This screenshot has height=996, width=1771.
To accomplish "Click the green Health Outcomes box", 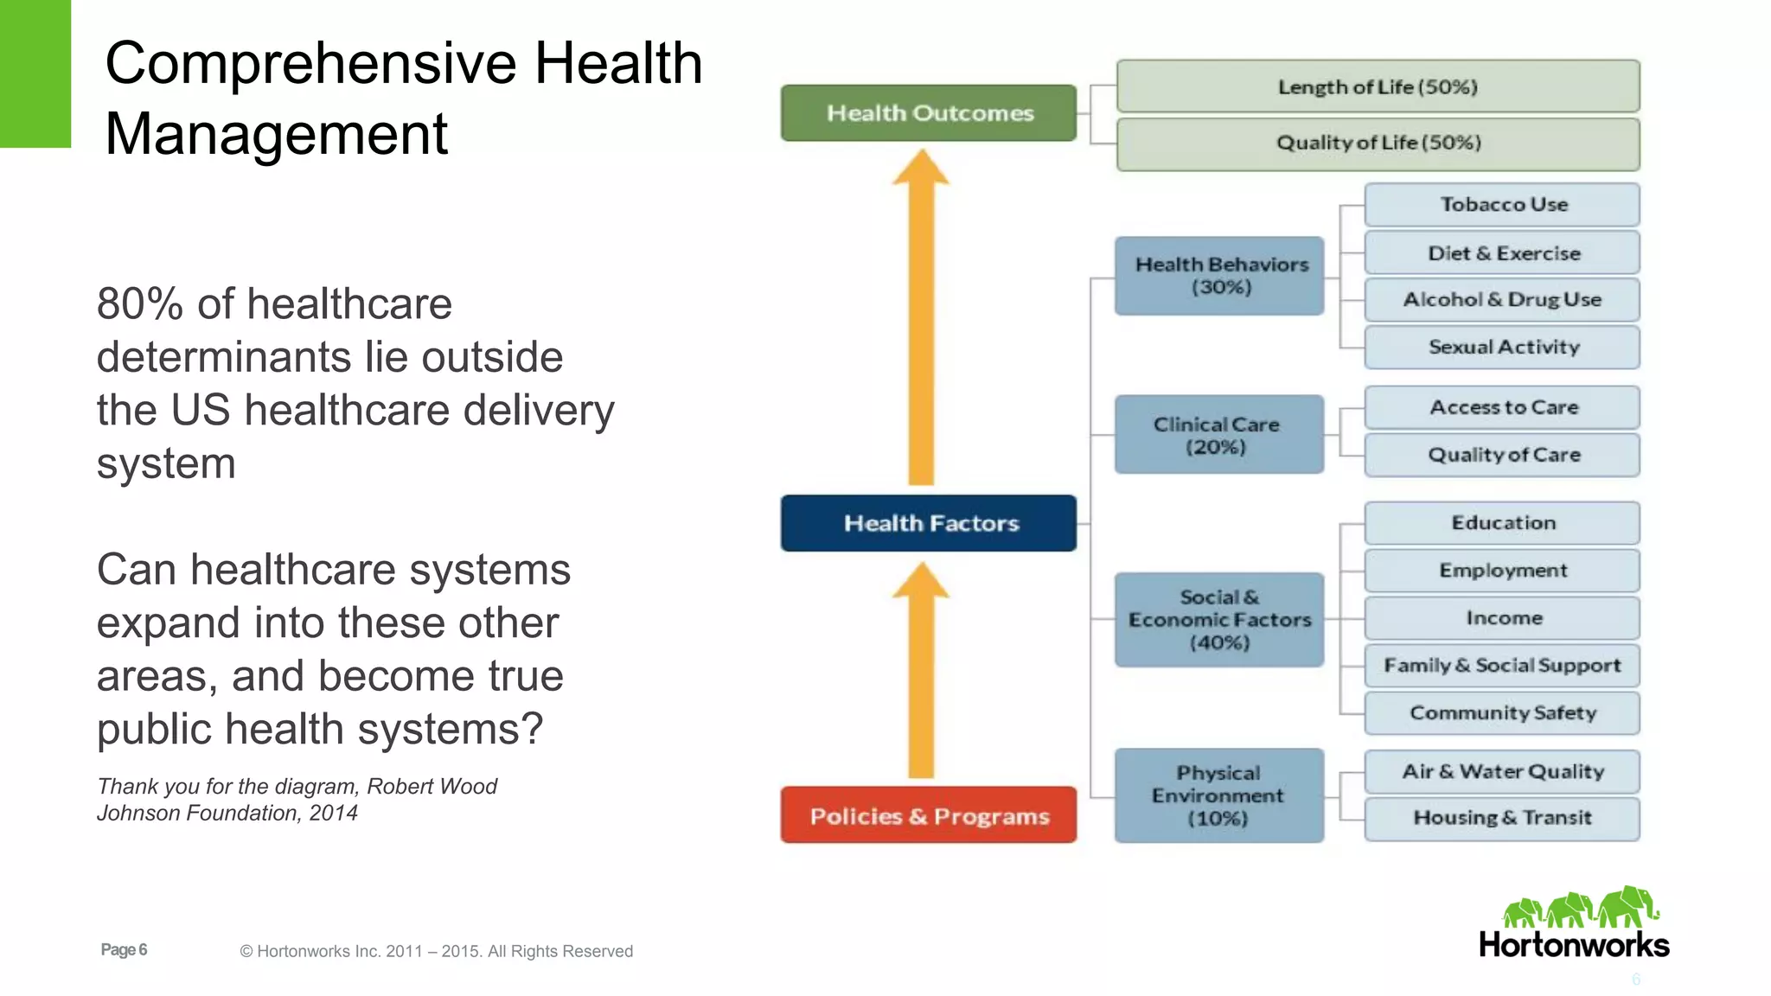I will tap(928, 113).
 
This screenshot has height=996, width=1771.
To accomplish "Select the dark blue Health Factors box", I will tap(928, 523).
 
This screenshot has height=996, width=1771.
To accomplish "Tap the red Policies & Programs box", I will tap(928, 815).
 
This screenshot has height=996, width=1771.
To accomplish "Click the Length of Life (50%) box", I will tap(1378, 86).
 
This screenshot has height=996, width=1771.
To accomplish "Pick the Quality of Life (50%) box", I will tap(1378, 144).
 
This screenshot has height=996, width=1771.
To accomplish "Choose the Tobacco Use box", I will tap(1502, 205).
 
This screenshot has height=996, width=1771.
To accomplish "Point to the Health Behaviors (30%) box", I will tap(1219, 276).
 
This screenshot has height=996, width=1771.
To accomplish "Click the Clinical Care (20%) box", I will tap(1219, 435).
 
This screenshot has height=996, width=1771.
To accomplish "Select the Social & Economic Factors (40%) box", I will tap(1219, 620).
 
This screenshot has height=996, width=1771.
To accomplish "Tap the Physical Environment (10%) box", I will tap(1219, 795).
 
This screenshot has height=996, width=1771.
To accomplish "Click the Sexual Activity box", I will tap(1502, 347).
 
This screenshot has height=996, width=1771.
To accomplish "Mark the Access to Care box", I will tap(1502, 407).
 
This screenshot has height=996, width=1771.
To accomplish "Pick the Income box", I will tap(1502, 618).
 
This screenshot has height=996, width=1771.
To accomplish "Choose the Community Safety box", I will tap(1502, 713).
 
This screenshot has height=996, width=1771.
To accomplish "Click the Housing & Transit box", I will tap(1502, 818).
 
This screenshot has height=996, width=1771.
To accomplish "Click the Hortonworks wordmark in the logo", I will tap(1574, 945).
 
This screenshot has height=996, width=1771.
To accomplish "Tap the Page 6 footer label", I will tap(124, 950).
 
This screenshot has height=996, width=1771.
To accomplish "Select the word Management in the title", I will tap(276, 135).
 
